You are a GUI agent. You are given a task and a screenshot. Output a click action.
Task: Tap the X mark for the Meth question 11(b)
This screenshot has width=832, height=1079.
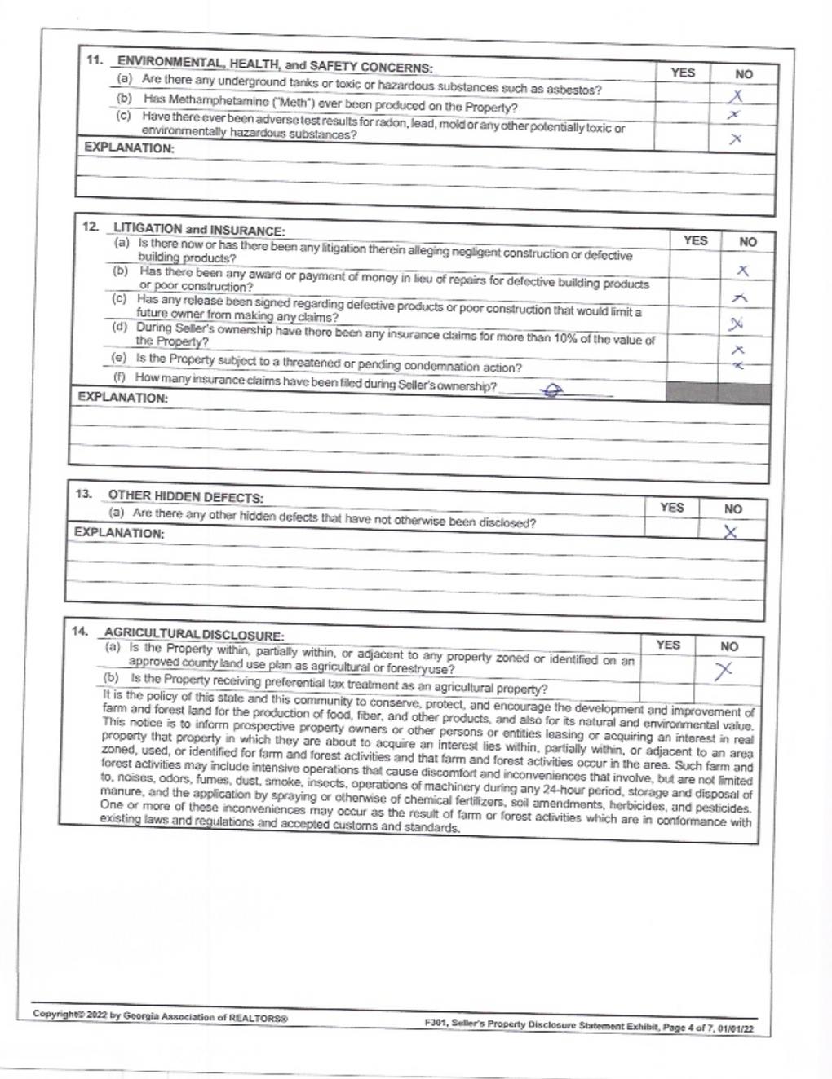(x=734, y=116)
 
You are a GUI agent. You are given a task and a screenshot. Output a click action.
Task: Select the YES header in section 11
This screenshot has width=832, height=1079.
(x=683, y=73)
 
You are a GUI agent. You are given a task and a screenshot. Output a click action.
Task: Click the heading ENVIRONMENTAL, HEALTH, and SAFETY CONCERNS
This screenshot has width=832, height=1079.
(x=276, y=65)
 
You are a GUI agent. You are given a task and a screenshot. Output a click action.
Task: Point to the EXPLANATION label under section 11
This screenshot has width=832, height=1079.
(x=129, y=148)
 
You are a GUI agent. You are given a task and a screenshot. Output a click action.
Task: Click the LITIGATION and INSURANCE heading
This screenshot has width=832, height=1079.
(x=199, y=230)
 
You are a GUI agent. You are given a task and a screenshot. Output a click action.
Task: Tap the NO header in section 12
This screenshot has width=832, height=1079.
(x=747, y=242)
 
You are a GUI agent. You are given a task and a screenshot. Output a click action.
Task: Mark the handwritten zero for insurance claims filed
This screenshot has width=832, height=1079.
(x=552, y=392)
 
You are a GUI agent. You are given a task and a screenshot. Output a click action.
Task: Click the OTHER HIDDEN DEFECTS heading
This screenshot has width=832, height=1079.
(x=186, y=497)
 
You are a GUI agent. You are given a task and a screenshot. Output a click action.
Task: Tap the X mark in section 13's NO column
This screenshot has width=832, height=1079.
(x=731, y=532)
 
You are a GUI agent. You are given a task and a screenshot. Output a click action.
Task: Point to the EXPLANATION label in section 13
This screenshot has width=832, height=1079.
(x=119, y=533)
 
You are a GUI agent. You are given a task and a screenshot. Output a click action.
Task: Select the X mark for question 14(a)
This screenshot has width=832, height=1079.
(x=723, y=671)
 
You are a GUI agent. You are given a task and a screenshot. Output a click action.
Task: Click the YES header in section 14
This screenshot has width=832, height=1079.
(x=667, y=645)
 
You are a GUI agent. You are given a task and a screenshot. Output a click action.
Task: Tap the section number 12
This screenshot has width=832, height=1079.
(x=91, y=227)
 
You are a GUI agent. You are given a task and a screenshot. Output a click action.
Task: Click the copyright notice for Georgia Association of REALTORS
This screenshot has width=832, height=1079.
(x=160, y=1016)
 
